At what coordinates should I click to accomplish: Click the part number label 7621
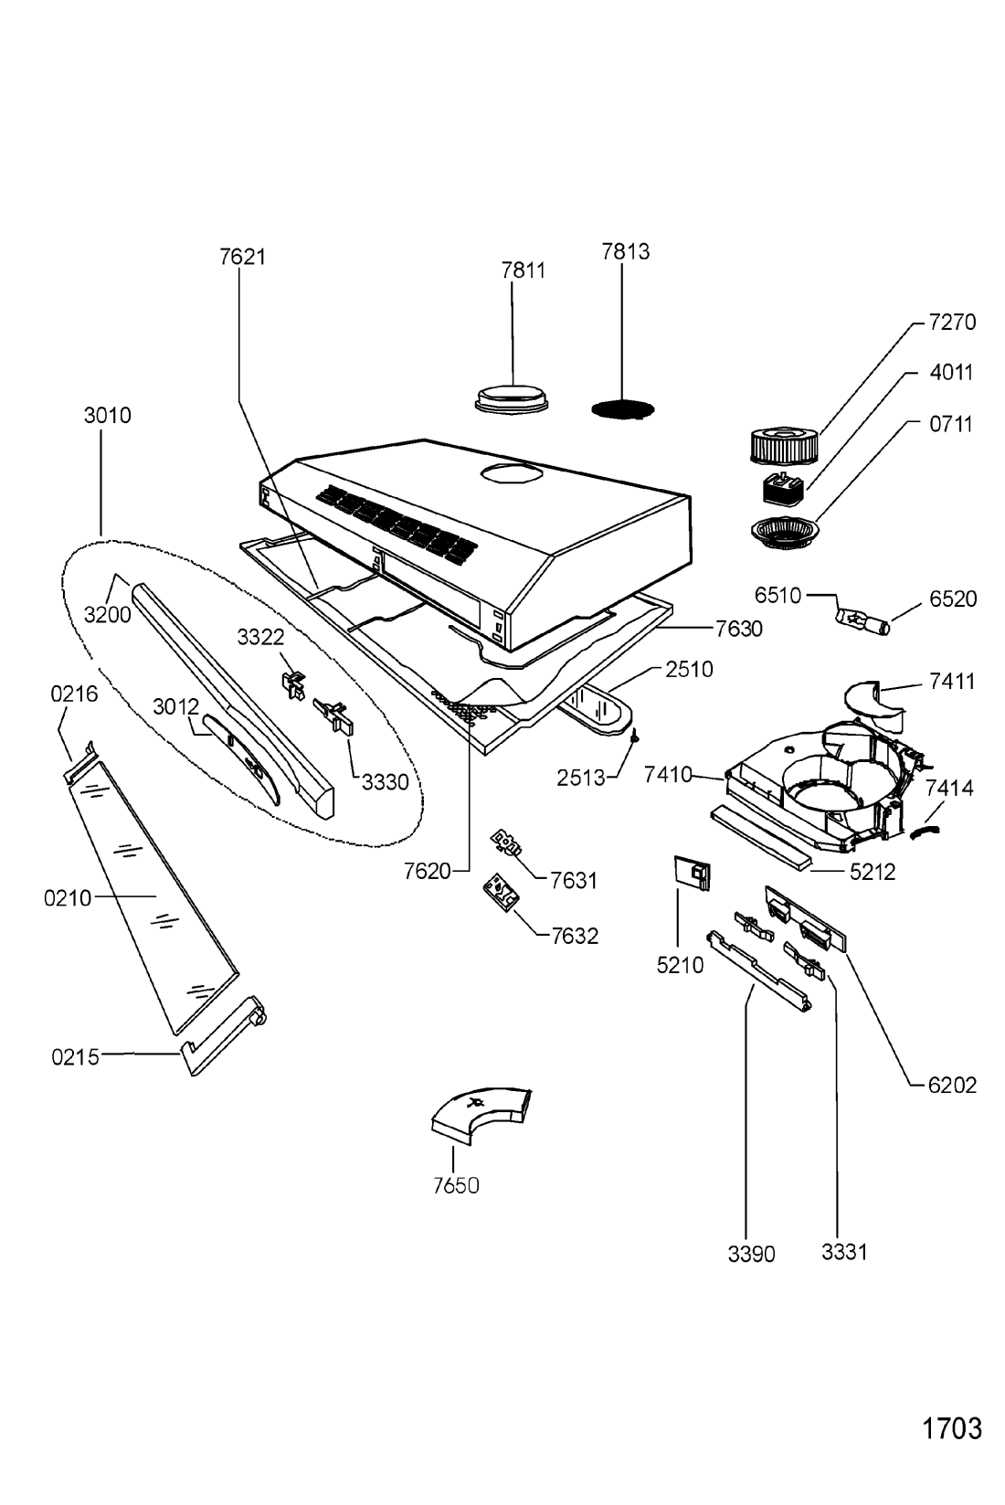[242, 256]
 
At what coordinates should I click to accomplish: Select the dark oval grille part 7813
[623, 408]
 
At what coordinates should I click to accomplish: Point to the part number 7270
[952, 322]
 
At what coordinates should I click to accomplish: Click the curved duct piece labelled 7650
[480, 1113]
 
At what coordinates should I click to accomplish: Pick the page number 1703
[951, 1428]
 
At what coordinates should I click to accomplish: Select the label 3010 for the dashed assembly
[108, 415]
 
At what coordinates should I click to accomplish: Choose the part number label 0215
[75, 1057]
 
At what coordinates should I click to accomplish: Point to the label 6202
[952, 1085]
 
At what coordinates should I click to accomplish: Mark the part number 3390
[751, 1254]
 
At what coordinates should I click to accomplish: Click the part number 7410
[669, 775]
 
